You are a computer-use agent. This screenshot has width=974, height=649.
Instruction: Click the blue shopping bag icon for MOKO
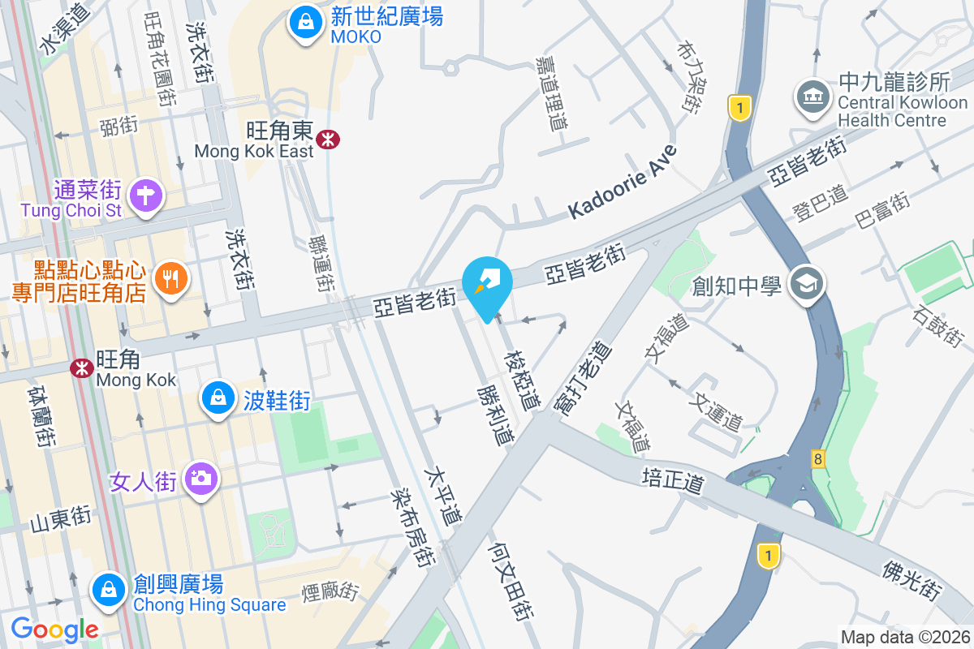[x=304, y=23]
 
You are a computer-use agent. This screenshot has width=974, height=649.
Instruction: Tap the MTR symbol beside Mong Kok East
[x=329, y=140]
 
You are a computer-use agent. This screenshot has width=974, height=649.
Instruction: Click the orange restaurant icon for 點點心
[x=170, y=280]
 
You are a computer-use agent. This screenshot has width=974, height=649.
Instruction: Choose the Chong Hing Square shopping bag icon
[x=108, y=590]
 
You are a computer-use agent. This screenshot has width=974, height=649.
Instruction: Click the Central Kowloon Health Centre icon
[x=812, y=97]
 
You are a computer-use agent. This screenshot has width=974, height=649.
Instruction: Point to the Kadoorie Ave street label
[x=623, y=182]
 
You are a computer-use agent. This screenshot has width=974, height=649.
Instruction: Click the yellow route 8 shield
[x=817, y=459]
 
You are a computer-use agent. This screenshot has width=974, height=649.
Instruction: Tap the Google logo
[x=54, y=629]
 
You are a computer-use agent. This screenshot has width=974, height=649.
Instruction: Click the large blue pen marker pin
[x=487, y=286]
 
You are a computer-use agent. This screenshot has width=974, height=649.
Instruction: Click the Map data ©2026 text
[x=904, y=637]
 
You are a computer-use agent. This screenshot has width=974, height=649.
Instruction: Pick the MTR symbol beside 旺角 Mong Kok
[x=81, y=368]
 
